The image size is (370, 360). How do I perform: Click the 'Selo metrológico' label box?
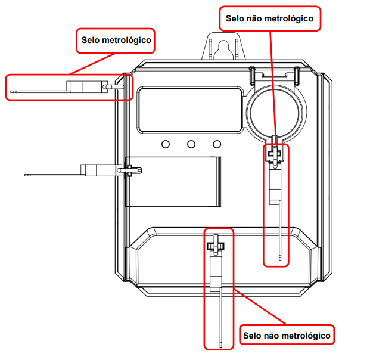point(116,41)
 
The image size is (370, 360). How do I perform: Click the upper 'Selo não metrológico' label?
point(270,18)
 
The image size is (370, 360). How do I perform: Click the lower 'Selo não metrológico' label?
point(287,335)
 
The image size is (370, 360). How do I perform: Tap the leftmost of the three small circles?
point(166,144)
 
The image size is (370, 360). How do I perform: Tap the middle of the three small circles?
point(191,144)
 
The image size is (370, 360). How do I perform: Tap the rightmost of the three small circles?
point(217,144)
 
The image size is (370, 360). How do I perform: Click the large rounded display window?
point(190,110)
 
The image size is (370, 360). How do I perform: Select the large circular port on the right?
point(276,113)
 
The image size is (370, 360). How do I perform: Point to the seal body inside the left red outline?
point(87,86)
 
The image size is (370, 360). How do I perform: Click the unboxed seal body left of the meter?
point(98,170)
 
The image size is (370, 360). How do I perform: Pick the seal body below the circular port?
point(275,184)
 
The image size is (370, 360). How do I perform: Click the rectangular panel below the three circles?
point(173,182)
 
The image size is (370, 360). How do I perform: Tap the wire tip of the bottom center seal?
point(221,346)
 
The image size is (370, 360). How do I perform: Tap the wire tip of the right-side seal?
point(280,259)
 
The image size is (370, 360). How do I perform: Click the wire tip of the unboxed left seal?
point(26,175)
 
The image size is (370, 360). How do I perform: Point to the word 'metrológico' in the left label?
point(127,41)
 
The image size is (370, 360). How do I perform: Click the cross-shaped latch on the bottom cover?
point(216,246)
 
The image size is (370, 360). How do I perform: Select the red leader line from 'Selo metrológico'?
point(92,64)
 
